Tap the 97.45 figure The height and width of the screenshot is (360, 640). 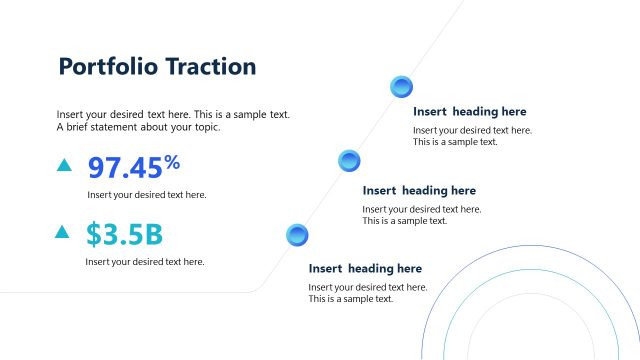[x=125, y=168]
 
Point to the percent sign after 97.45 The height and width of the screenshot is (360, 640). [x=172, y=161]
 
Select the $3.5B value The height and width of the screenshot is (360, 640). [x=124, y=234]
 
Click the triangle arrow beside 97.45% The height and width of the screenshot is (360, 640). [x=64, y=165]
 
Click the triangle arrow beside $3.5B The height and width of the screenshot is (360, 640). [x=62, y=232]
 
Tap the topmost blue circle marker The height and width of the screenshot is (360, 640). [x=401, y=86]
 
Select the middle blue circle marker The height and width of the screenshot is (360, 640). [x=349, y=159]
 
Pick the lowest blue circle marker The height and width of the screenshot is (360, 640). [x=297, y=235]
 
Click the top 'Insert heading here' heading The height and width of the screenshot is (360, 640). [x=469, y=112]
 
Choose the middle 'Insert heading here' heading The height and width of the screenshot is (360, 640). [x=419, y=190]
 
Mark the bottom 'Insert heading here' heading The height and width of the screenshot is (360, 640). [x=365, y=268]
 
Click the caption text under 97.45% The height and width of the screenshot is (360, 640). [x=147, y=195]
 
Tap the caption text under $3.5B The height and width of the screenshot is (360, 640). [x=145, y=262]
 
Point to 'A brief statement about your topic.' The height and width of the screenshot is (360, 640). [x=138, y=127]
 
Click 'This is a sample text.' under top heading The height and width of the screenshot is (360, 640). [x=455, y=142]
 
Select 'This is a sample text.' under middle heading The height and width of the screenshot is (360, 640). [x=404, y=221]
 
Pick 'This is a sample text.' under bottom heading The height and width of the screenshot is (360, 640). [x=351, y=299]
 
